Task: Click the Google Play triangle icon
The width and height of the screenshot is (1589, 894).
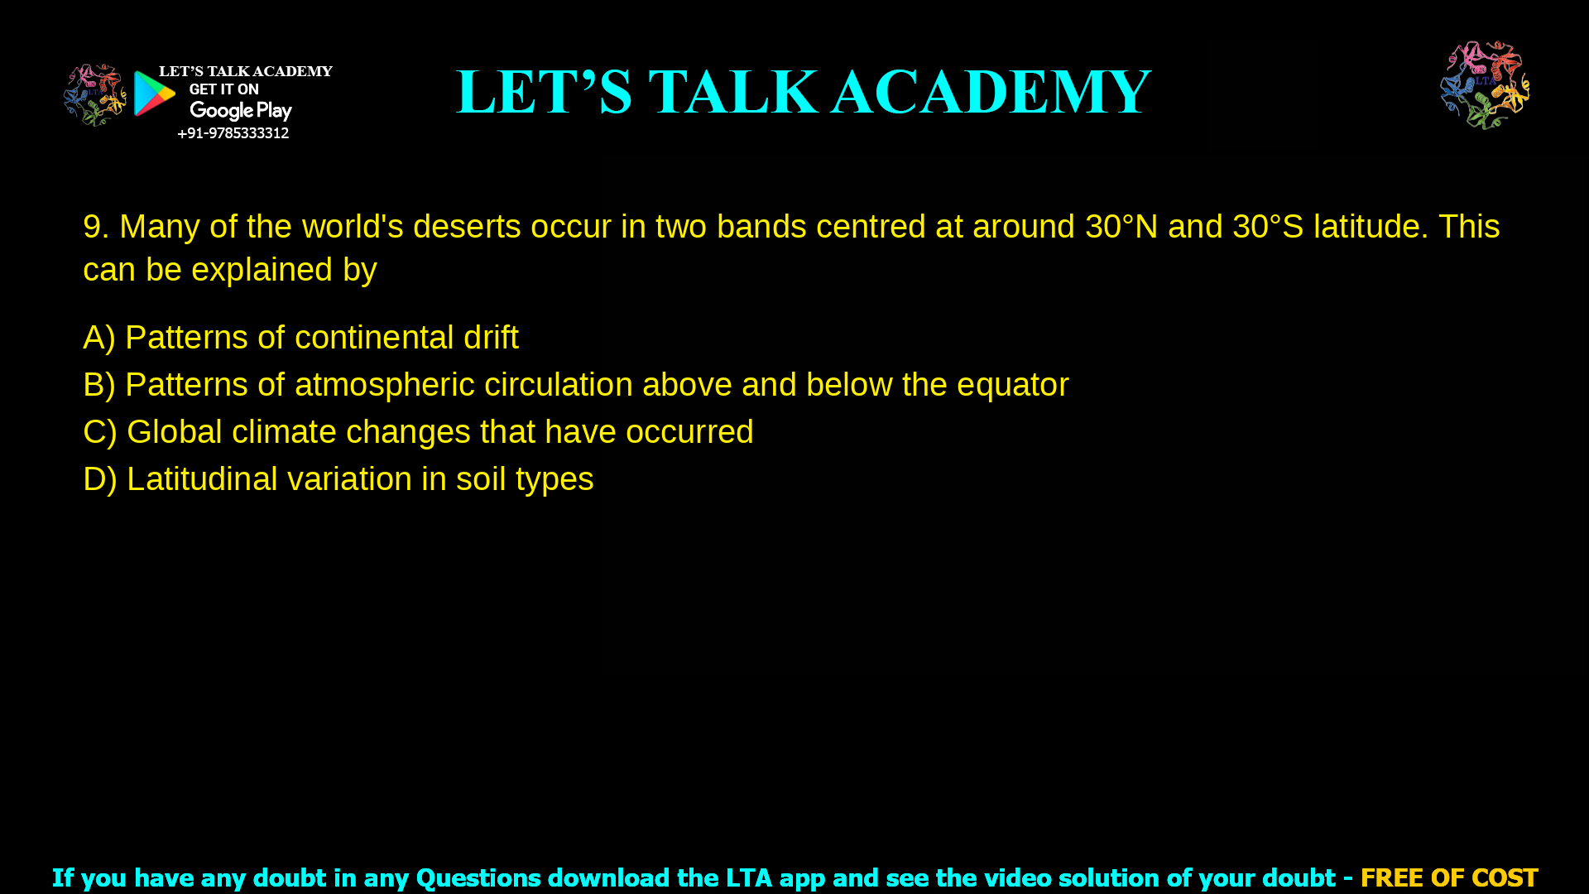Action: (x=154, y=94)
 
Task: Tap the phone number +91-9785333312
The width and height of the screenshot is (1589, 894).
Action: (x=233, y=133)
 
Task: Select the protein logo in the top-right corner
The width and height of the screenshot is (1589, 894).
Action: (x=1485, y=85)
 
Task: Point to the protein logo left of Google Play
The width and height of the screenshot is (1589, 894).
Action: (x=95, y=95)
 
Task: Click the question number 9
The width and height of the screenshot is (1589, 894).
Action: (x=96, y=227)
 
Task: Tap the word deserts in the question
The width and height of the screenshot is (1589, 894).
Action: (x=467, y=227)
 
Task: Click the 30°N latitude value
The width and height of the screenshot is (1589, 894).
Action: (x=1121, y=227)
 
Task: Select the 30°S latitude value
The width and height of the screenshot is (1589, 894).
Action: (x=1268, y=227)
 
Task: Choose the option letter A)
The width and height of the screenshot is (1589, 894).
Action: (x=99, y=338)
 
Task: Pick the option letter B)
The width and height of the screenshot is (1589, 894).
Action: (x=99, y=385)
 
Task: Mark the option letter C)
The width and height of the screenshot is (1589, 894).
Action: (x=100, y=432)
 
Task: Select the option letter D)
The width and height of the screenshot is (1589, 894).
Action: (x=100, y=479)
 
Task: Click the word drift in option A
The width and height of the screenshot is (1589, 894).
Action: (x=491, y=338)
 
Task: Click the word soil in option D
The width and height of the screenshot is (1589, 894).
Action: (x=481, y=479)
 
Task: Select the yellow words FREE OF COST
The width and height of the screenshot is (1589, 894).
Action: (x=1449, y=877)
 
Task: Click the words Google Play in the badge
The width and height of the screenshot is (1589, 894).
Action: (x=241, y=111)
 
